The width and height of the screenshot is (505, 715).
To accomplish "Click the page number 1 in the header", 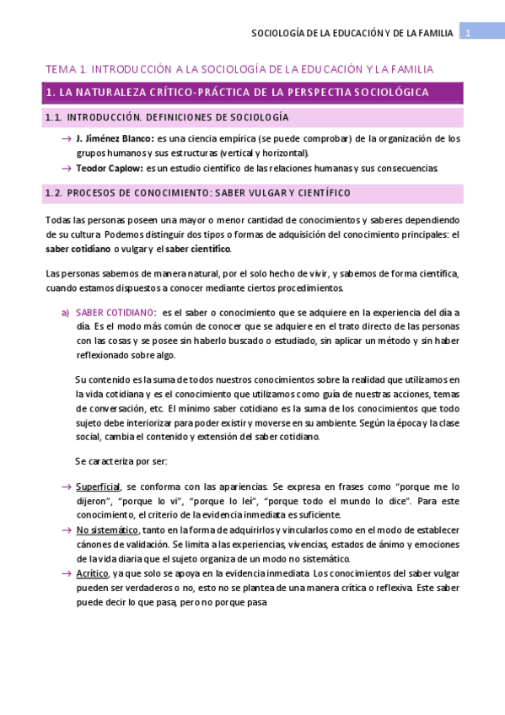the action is pyautogui.click(x=468, y=33).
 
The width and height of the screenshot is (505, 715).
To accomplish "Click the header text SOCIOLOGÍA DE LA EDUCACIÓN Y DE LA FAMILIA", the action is pyautogui.click(x=352, y=33).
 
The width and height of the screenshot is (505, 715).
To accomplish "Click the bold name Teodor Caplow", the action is pyautogui.click(x=105, y=168).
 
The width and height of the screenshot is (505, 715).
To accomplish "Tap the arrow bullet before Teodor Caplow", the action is pyautogui.click(x=66, y=168).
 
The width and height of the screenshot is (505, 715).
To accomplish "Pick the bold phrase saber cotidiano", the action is pyautogui.click(x=78, y=249).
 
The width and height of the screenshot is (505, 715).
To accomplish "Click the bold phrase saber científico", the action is pyautogui.click(x=197, y=249).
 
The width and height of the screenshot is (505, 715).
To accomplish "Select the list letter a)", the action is pyautogui.click(x=65, y=312).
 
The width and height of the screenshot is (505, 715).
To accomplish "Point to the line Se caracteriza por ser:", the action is pyautogui.click(x=121, y=461).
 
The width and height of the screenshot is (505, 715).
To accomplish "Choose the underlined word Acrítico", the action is pyautogui.click(x=92, y=573).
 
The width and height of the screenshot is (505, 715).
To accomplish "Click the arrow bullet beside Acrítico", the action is pyautogui.click(x=66, y=573).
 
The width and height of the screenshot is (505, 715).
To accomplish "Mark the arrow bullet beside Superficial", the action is pyautogui.click(x=66, y=487).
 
